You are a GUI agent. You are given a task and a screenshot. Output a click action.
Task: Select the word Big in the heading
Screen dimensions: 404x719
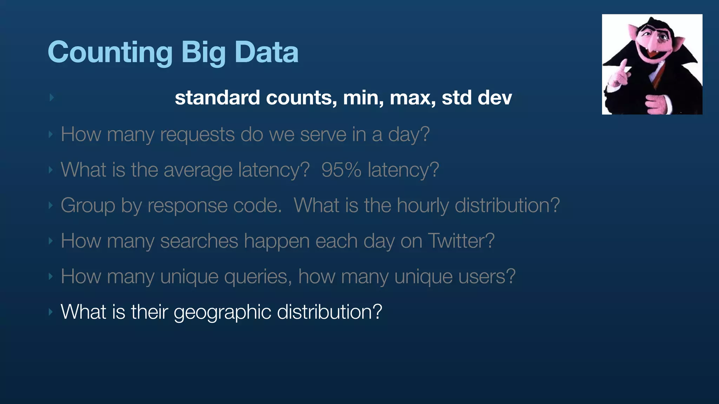coord(203,53)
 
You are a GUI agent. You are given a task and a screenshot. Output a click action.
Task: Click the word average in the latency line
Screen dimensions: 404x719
coord(198,170)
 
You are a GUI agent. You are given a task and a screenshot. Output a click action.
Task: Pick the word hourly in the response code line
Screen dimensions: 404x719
coord(423,206)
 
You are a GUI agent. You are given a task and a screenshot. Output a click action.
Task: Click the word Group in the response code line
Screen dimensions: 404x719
coord(88,206)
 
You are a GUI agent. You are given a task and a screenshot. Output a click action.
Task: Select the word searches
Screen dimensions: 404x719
coord(199,241)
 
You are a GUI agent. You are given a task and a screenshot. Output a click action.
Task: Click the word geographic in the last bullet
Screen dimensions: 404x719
coord(222,312)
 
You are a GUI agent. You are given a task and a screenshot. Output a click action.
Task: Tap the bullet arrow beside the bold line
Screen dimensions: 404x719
coord(52,97)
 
